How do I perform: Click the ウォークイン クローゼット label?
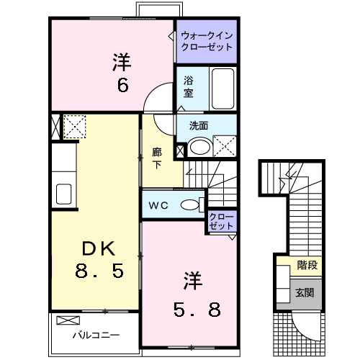click(207, 40)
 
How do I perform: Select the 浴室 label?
click(188, 87)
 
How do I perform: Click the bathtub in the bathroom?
click(224, 88)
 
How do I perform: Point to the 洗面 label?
click(199, 125)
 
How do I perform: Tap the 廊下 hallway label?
click(157, 158)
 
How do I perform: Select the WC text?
click(158, 205)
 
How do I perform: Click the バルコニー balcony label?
click(94, 335)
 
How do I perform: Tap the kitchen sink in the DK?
click(63, 194)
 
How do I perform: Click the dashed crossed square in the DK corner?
click(74, 127)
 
